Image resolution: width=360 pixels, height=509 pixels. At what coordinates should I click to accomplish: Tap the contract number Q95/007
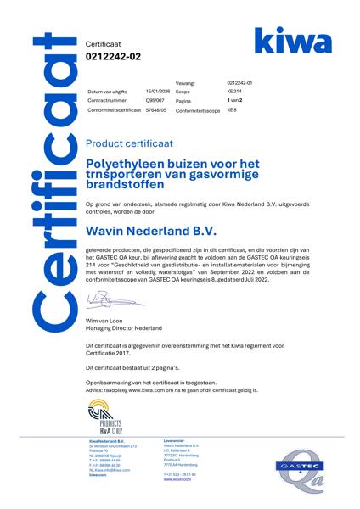[155, 100]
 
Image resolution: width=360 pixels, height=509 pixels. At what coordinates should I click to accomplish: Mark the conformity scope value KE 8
[232, 110]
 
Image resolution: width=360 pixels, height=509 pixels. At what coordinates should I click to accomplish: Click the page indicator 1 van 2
[237, 100]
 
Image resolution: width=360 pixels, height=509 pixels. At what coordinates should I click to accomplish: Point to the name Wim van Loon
[104, 319]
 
